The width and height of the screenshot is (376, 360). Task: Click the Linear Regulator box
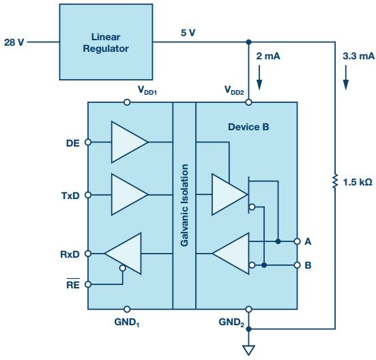(106, 42)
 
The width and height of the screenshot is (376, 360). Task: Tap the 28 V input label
(14, 42)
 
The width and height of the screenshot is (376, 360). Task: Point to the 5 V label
(188, 33)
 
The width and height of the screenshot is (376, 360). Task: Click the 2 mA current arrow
(259, 77)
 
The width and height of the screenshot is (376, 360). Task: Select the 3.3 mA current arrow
(345, 77)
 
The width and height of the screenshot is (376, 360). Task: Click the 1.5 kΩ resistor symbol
(335, 181)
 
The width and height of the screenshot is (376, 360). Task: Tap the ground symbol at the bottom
(248, 350)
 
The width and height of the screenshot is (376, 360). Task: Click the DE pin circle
(88, 142)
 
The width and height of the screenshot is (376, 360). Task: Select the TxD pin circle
(88, 195)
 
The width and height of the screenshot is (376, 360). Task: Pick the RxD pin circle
(88, 254)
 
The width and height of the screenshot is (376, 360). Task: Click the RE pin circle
(88, 284)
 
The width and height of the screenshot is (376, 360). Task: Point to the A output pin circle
(297, 241)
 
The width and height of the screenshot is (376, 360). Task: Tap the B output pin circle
(297, 265)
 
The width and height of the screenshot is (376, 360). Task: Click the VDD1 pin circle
(127, 102)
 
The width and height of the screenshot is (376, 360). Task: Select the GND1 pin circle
(127, 310)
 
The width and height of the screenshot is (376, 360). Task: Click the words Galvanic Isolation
(184, 205)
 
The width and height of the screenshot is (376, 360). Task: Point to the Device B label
(248, 127)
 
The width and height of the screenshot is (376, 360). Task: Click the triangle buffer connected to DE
(129, 142)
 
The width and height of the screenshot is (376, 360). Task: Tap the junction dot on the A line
(278, 241)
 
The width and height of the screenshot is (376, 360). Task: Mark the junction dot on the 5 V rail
(248, 42)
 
